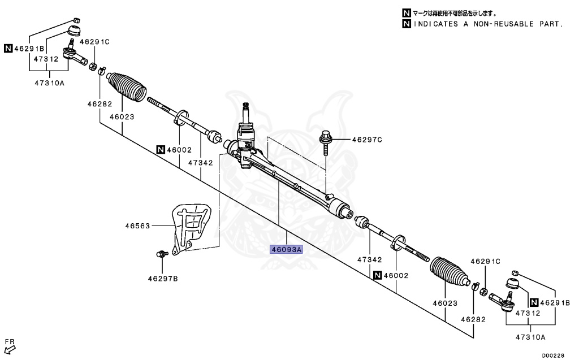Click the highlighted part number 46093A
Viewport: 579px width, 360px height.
pos(286,249)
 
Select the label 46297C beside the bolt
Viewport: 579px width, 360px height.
pos(367,140)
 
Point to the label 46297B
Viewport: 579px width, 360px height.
pos(163,278)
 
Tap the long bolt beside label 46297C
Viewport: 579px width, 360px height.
pos(326,142)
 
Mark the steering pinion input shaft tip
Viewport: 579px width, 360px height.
pos(247,106)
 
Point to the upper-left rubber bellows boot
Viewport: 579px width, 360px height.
pos(127,87)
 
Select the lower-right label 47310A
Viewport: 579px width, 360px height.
pos(530,337)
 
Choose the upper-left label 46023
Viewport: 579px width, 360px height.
pos(122,118)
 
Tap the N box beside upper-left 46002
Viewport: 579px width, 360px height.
pos(161,150)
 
